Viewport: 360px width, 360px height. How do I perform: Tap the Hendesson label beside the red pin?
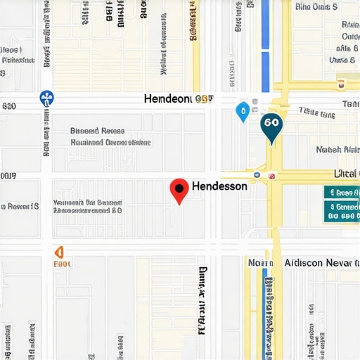point(219,186)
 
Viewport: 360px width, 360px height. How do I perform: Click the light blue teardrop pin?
point(243,110)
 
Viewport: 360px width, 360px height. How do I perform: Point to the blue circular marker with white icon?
point(47,98)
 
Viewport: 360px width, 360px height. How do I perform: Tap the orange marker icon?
point(59,252)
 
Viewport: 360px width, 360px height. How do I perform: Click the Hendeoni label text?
point(167,99)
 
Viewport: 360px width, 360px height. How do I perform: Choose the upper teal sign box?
point(342,192)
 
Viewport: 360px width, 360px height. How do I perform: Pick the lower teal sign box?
point(342,212)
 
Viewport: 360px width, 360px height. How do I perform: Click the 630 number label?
point(9,107)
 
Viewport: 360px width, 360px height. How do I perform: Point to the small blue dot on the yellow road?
point(257,174)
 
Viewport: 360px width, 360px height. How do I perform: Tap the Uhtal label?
point(345,174)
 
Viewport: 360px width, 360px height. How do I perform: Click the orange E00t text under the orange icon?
point(63,265)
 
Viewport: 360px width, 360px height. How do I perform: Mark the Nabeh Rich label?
point(338,149)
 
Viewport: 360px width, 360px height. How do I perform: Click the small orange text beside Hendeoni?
point(205,100)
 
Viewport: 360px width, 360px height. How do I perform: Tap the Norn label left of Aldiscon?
point(259,262)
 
